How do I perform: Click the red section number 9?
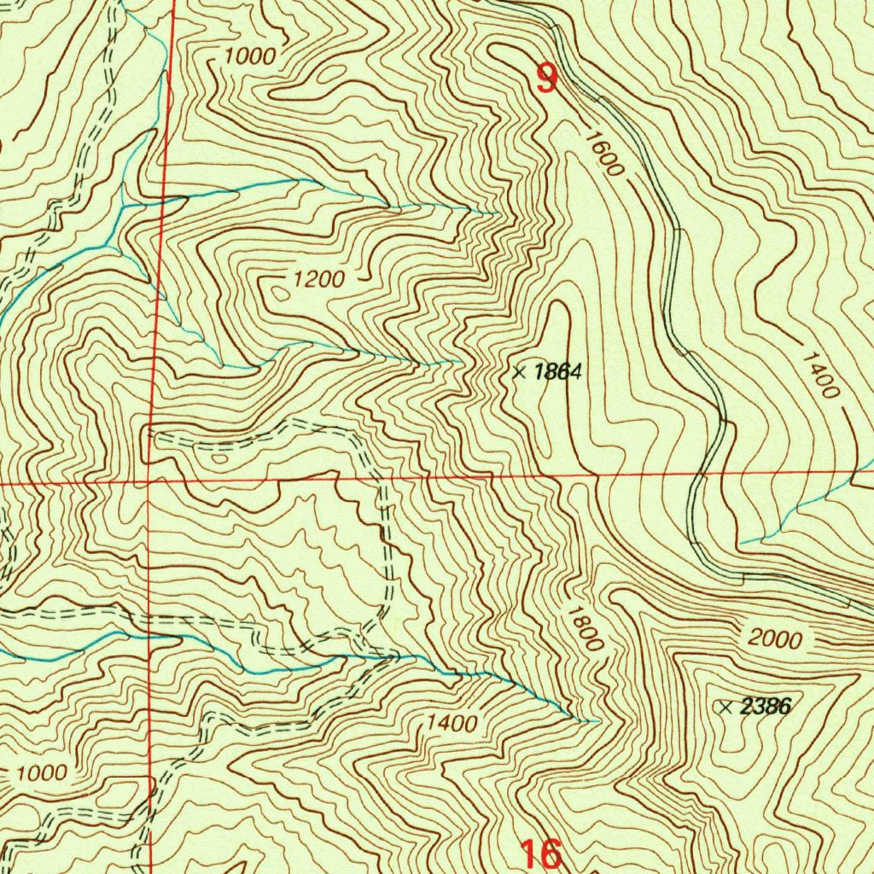point(546,79)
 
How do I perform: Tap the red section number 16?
point(541,853)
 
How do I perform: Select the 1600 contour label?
point(603,152)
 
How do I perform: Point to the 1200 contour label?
point(318,278)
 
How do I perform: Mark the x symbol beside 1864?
point(519,371)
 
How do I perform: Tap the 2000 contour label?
point(776,638)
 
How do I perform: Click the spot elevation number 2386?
point(766,706)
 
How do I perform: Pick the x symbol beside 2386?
point(726,707)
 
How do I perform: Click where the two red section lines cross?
point(149,482)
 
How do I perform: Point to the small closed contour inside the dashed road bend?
point(220,458)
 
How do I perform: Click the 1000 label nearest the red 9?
point(249,57)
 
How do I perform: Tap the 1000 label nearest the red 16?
point(41,773)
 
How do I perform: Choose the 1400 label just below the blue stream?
point(452,723)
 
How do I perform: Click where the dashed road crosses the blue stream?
point(394,656)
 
